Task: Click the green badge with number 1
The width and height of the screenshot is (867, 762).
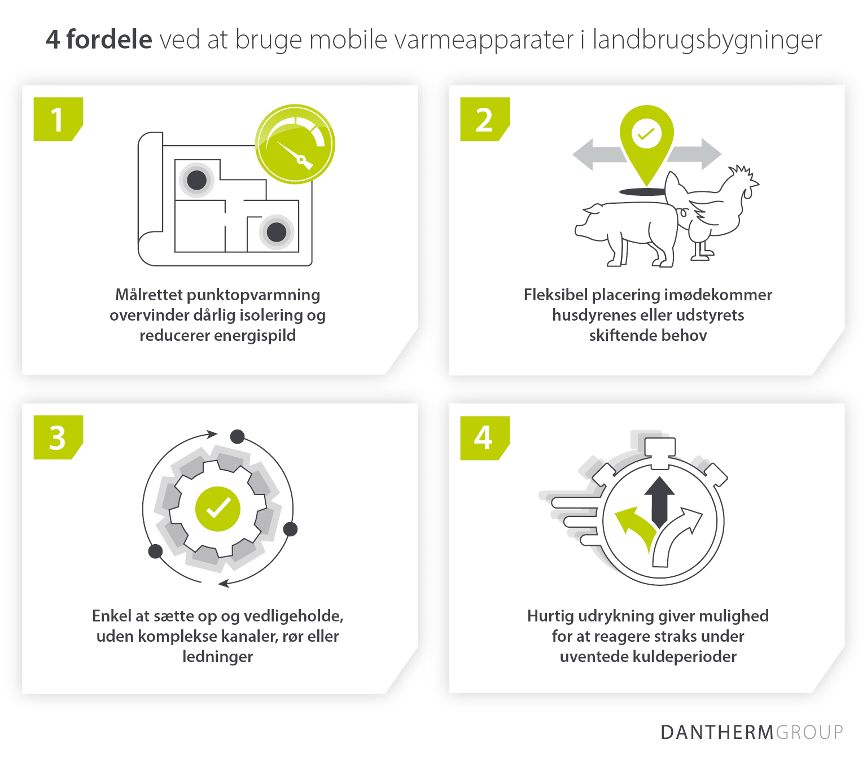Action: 58,119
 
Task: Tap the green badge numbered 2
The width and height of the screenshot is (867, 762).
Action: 484,119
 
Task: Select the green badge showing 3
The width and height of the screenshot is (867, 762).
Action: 58,437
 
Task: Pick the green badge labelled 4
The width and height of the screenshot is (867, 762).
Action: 484,437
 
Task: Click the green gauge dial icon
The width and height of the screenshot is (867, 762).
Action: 295,144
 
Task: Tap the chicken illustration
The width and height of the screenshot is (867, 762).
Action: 714,206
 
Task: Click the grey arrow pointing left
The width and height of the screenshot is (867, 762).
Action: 595,155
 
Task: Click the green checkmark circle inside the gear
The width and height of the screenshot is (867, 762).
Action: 218,509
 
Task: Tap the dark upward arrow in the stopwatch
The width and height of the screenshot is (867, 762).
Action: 659,500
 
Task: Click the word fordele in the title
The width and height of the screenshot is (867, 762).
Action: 109,40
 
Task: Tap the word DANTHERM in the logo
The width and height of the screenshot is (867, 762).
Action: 717,732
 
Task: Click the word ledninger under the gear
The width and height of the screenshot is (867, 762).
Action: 217,656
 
